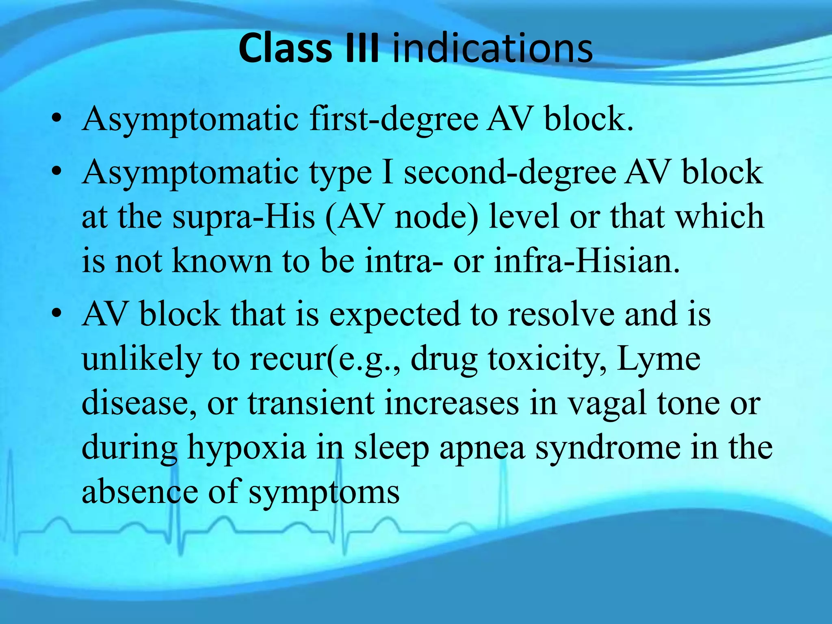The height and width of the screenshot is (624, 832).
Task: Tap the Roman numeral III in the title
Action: (362, 49)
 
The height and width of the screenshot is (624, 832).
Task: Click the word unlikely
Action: (142, 360)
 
